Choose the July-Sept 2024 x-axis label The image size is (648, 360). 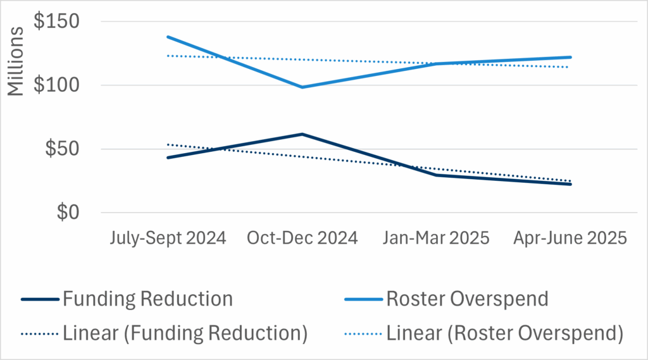(x=168, y=239)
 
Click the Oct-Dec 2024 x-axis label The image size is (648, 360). (x=302, y=239)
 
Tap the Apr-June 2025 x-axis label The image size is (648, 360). (x=570, y=239)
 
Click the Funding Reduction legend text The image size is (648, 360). (x=147, y=299)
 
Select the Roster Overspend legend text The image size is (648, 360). (x=467, y=299)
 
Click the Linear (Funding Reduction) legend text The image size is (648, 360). (x=185, y=333)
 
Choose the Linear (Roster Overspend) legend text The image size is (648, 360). (x=505, y=333)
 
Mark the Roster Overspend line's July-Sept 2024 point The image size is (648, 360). (x=168, y=37)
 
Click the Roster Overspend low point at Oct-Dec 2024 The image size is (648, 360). (x=302, y=87)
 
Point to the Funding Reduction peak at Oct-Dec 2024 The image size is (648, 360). (x=302, y=134)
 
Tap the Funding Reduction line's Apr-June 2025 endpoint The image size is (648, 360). (x=571, y=184)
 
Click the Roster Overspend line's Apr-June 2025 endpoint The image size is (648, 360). (x=571, y=57)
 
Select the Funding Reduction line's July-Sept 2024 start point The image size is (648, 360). (x=168, y=158)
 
